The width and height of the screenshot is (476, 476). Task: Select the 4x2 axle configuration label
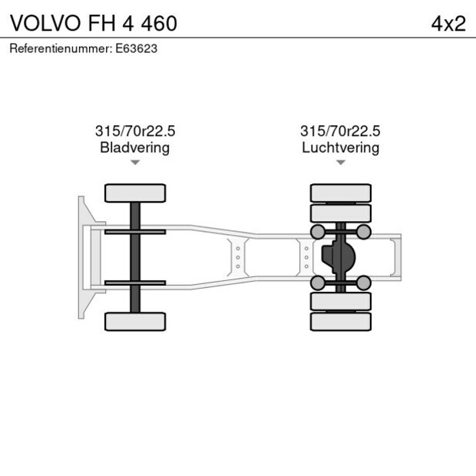coord(448,23)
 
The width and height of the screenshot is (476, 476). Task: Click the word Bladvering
coord(134,147)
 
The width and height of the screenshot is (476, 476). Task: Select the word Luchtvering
coord(340,147)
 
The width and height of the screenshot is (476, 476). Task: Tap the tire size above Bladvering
coord(134,131)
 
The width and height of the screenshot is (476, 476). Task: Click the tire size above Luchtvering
coord(340,131)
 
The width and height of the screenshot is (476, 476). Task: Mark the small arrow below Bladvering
coord(135,163)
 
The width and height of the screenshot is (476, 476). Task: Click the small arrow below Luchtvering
coord(340,163)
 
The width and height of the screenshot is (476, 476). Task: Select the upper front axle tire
coord(135,193)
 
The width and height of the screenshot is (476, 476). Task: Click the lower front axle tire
coord(135,321)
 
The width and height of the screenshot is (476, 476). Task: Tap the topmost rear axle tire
coord(340,192)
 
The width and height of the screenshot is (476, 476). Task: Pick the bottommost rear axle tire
coord(340,322)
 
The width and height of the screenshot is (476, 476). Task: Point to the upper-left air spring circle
coord(316,232)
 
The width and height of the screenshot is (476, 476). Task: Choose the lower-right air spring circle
coord(364,283)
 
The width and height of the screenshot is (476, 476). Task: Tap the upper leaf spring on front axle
coord(135,232)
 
